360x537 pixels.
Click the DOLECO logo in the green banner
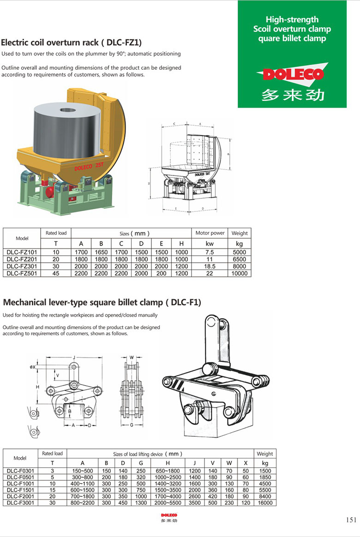pyautogui.click(x=292, y=74)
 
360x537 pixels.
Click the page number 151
pyautogui.click(x=351, y=520)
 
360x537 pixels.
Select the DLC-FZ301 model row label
pyautogui.click(x=22, y=266)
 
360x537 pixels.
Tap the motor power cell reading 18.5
pyautogui.click(x=210, y=266)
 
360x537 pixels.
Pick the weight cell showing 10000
pyautogui.click(x=240, y=273)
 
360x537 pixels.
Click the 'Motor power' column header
pyautogui.click(x=210, y=233)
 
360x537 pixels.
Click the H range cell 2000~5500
pyautogui.click(x=168, y=503)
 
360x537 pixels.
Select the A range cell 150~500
pyautogui.click(x=82, y=471)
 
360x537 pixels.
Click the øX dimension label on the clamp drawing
pyautogui.click(x=32, y=367)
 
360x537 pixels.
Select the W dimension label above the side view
pyautogui.click(x=132, y=357)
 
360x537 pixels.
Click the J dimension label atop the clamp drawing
pyautogui.click(x=74, y=357)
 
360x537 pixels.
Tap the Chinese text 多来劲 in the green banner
pyautogui.click(x=292, y=95)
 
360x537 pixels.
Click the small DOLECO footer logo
pyautogui.click(x=169, y=515)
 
